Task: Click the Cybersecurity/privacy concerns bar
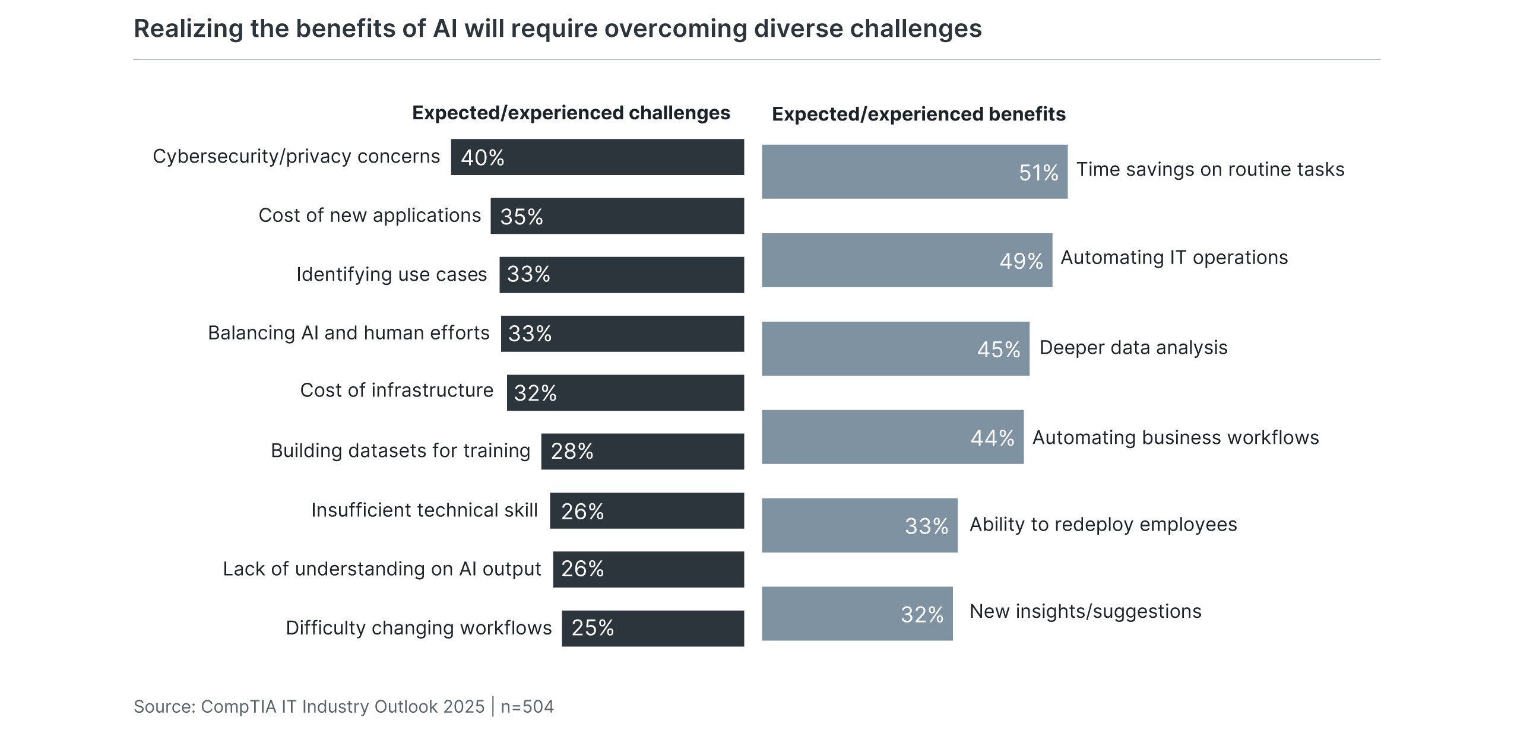coord(597,157)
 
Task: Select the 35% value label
coord(521,217)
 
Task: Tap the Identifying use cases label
coord(391,274)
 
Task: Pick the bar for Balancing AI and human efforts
coord(622,334)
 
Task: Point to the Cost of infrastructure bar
coord(625,392)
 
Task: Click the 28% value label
coord(572,451)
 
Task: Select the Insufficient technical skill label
coord(424,510)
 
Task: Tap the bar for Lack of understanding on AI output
coord(648,569)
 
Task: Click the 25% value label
coord(593,628)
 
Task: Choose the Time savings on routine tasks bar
coord(914,172)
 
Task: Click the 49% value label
coord(1021,261)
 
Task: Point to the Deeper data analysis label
coord(1133,347)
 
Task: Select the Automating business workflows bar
coord(892,437)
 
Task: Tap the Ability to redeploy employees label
coord(1103,524)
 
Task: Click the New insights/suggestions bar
coord(857,614)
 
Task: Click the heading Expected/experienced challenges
coord(571,113)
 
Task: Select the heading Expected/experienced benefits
coord(918,114)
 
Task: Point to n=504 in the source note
coord(527,706)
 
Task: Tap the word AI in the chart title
coord(445,28)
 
